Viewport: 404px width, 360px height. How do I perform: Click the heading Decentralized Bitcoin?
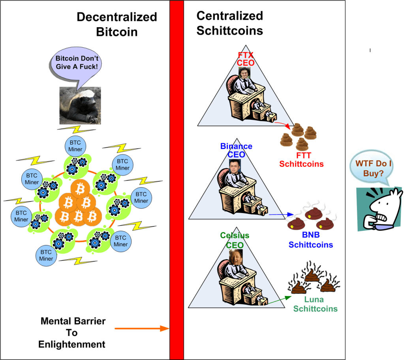click(x=117, y=24)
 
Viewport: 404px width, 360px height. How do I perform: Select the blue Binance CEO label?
click(x=236, y=151)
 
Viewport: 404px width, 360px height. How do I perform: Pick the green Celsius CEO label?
click(x=234, y=240)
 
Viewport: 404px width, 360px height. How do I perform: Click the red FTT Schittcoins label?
click(x=301, y=159)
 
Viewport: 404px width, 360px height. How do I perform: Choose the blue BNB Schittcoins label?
click(x=310, y=240)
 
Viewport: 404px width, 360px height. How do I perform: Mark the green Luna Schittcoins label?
click(x=315, y=304)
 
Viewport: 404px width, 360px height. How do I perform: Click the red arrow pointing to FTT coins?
click(x=283, y=125)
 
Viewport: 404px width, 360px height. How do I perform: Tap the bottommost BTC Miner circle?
click(x=46, y=255)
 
